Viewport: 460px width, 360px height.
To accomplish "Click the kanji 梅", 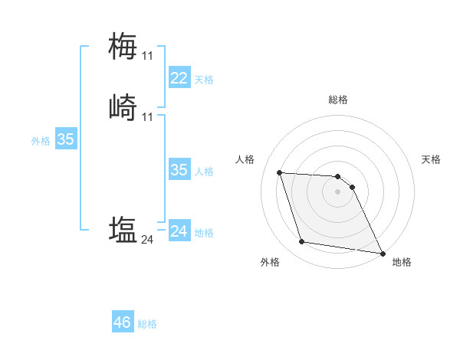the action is pos(123,46).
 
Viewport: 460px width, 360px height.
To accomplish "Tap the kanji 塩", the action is pos(123,230).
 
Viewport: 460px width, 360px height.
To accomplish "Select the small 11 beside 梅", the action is pos(147,56).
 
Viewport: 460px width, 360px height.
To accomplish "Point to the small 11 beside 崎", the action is pos(147,116).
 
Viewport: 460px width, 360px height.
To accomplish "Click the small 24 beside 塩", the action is pos(147,240).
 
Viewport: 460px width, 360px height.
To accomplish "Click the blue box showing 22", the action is pos(179,78).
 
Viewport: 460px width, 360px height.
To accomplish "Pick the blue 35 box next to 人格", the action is pos(179,170).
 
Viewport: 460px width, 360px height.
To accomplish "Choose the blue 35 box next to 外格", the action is pos(65,139).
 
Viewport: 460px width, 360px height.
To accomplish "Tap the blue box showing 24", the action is pos(179,231).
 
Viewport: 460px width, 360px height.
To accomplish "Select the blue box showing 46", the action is pos(122,322).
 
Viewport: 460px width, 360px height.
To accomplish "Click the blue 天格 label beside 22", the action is pos(204,80).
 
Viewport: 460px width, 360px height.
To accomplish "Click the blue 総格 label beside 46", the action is pos(147,324).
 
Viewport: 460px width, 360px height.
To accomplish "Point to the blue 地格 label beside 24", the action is pos(204,233).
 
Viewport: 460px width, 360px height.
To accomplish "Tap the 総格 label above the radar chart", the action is pos(338,100).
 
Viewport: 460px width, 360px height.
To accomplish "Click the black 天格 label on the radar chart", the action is pos(431,159).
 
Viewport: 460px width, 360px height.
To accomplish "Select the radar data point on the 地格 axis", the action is pos(383,252).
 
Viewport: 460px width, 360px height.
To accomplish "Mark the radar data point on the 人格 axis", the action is pos(279,172).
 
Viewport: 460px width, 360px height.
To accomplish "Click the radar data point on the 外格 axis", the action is pos(301,242).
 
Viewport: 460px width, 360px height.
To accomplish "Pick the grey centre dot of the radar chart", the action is pos(337,191).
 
